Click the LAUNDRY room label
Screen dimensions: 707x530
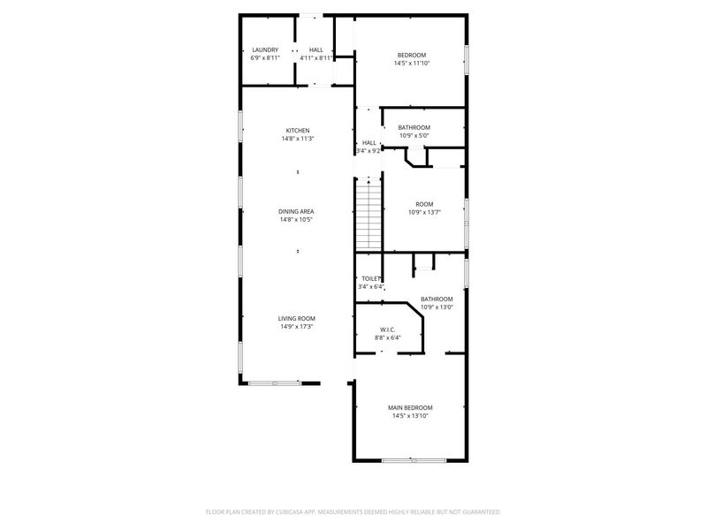[265, 50]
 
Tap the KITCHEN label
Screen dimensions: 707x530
[298, 131]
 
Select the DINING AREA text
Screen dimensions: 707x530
[296, 211]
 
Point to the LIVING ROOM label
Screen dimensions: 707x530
[297, 319]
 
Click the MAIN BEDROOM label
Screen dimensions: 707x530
[410, 408]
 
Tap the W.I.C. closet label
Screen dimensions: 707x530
[388, 329]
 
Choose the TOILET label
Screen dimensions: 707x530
[371, 279]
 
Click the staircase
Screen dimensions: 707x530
[369, 214]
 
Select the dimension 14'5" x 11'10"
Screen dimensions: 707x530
[412, 64]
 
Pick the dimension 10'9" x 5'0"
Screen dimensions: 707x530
[414, 136]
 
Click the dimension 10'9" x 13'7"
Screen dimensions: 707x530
[424, 212]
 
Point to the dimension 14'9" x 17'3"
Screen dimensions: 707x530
[297, 327]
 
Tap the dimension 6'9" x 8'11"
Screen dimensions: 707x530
[265, 58]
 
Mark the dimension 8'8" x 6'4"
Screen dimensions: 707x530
[388, 337]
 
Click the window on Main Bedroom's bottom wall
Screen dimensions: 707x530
[414, 460]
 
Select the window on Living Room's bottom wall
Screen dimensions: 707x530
[275, 383]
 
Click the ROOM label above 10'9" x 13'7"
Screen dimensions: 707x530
[424, 204]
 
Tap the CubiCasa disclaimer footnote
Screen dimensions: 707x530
[353, 512]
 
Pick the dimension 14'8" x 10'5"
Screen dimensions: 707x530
[296, 219]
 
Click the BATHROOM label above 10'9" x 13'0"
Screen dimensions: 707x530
[437, 299]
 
